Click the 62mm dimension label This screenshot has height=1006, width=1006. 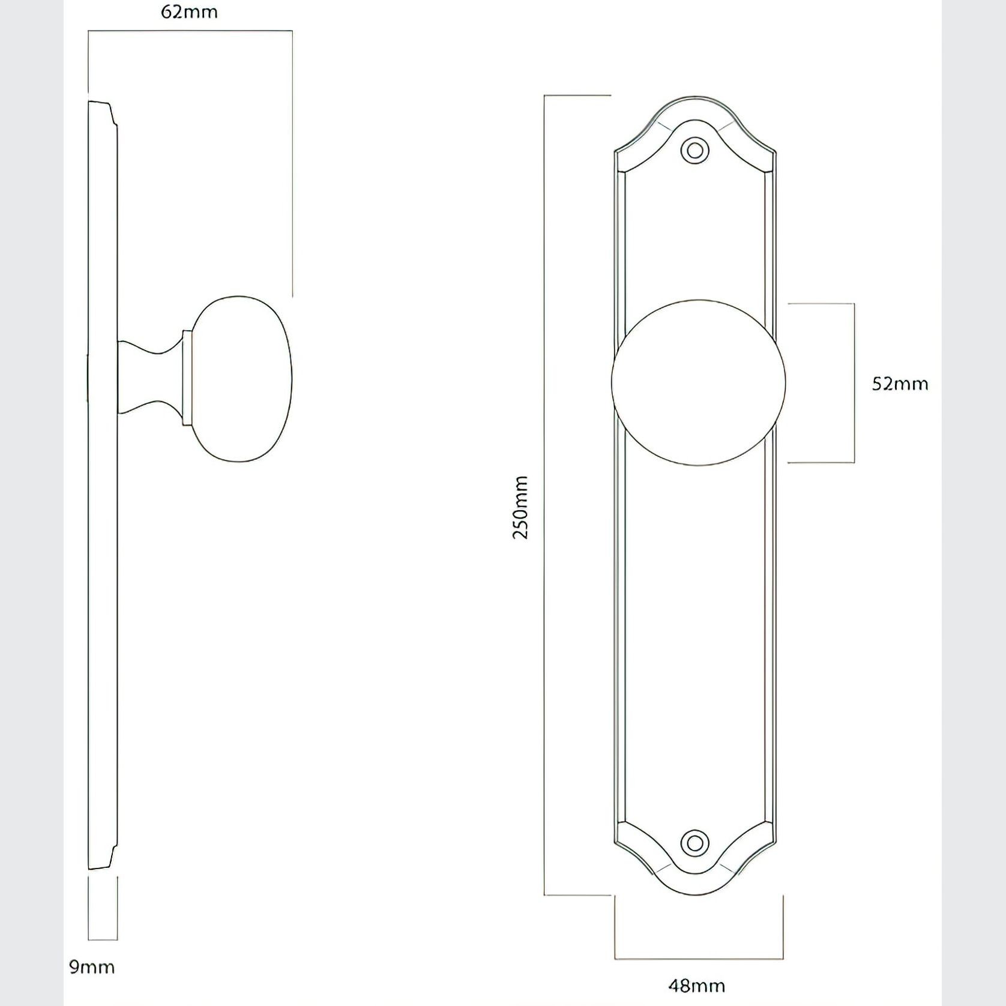coord(189,13)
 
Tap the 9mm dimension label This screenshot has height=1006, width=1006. coord(91,967)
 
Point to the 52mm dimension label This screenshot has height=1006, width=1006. coord(900,384)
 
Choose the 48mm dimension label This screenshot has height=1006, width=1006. coord(696,986)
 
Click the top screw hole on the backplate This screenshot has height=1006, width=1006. coord(695,150)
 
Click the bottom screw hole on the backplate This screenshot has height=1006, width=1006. coord(695,843)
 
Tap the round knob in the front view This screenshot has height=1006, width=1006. coord(698,383)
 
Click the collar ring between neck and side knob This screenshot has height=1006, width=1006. coord(187,378)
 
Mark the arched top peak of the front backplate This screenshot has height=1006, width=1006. coord(695,97)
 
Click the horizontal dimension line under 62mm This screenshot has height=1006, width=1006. coord(190,31)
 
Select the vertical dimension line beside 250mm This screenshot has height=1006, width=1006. coord(544,495)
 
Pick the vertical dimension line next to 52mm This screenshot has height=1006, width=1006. coord(854,383)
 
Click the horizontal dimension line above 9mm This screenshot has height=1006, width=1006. coord(103,939)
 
